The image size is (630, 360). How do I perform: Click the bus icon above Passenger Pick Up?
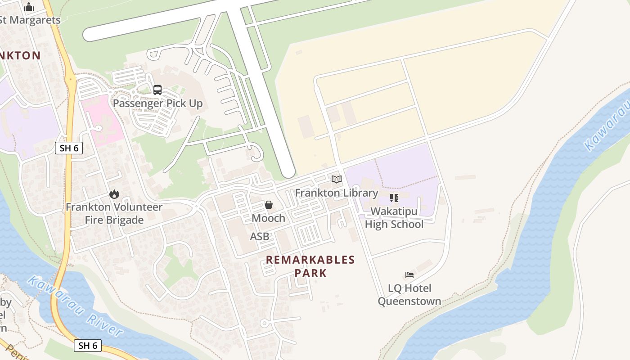pyautogui.click(x=157, y=90)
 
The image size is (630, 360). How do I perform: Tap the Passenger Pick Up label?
pyautogui.click(x=157, y=103)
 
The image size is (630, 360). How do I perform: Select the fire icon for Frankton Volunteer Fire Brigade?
pyautogui.click(x=114, y=194)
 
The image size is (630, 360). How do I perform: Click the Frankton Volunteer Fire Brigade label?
pyautogui.click(x=114, y=213)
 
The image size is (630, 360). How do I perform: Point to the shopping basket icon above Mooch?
pyautogui.click(x=269, y=205)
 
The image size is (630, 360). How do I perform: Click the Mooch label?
pyautogui.click(x=269, y=218)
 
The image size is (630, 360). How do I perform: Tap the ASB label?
pyautogui.click(x=260, y=236)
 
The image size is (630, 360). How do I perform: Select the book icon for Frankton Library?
pyautogui.click(x=337, y=180)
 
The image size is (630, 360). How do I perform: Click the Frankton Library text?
pyautogui.click(x=337, y=193)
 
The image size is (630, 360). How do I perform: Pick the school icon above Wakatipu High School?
pyautogui.click(x=394, y=198)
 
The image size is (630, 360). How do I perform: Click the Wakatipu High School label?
pyautogui.click(x=394, y=218)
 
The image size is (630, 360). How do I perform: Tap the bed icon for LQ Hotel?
pyautogui.click(x=409, y=274)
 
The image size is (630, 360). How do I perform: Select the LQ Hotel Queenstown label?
pyautogui.click(x=409, y=295)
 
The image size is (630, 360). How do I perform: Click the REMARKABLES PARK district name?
pyautogui.click(x=310, y=266)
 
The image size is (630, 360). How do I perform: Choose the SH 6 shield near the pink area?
pyautogui.click(x=69, y=148)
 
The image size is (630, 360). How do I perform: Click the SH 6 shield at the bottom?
pyautogui.click(x=88, y=345)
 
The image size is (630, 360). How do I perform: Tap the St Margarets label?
pyautogui.click(x=30, y=20)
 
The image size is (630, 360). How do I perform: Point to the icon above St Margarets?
pyautogui.click(x=29, y=7)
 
